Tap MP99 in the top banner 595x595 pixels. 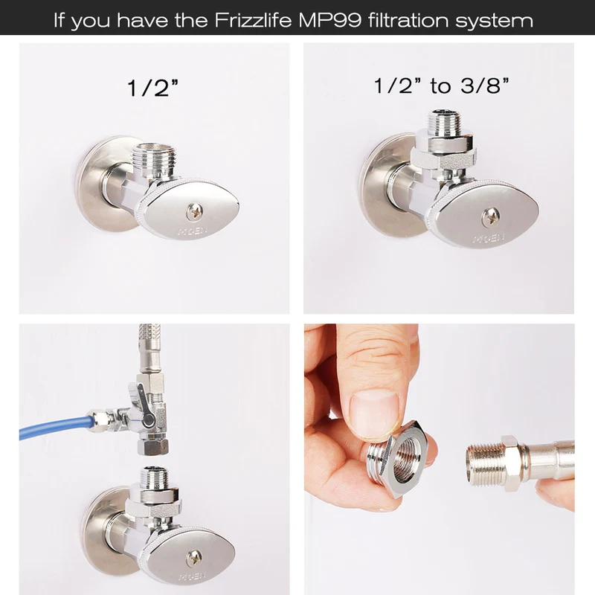(x=329, y=20)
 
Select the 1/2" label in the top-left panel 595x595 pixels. (x=153, y=87)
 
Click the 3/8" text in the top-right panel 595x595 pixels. (x=485, y=86)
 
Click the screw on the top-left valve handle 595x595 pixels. (x=195, y=211)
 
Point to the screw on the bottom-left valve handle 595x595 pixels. (x=194, y=559)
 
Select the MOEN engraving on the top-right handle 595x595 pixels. (x=489, y=238)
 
